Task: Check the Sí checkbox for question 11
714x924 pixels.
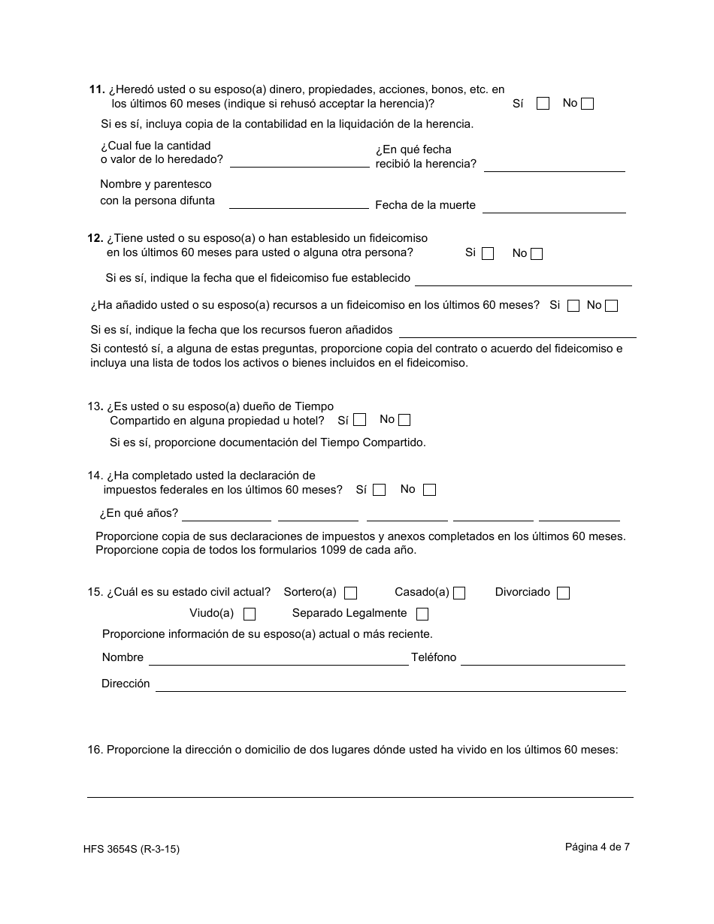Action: (543, 104)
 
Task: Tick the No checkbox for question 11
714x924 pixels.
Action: (587, 104)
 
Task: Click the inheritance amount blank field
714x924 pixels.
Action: (299, 160)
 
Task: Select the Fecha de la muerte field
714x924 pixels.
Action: (554, 205)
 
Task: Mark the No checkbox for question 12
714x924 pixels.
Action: (537, 254)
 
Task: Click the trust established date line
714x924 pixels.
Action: (523, 279)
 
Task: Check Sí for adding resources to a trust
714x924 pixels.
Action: (573, 306)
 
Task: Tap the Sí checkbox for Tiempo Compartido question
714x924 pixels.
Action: (360, 420)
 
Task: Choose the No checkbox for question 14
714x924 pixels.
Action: (429, 490)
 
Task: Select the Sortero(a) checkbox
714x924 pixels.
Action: (350, 593)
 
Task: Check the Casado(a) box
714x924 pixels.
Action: (459, 593)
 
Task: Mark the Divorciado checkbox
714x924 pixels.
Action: (563, 593)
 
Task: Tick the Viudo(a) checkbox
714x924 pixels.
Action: (250, 614)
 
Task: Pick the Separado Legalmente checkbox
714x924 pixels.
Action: (422, 614)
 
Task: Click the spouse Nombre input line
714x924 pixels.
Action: (278, 658)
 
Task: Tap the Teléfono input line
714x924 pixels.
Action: (543, 658)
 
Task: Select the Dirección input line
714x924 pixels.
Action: (390, 684)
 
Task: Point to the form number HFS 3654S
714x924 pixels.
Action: (132, 850)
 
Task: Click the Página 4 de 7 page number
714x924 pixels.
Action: (598, 847)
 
